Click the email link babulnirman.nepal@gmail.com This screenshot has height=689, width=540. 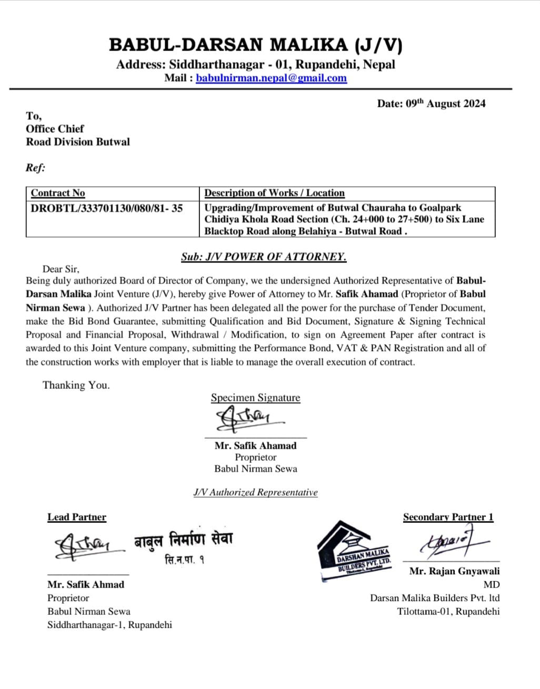click(x=271, y=78)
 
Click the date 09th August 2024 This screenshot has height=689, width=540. click(x=431, y=104)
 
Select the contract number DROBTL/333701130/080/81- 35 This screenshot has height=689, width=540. click(x=106, y=208)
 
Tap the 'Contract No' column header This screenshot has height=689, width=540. click(x=58, y=193)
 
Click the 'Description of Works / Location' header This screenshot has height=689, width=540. click(x=274, y=193)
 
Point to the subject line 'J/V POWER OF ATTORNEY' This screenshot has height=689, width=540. click(x=264, y=257)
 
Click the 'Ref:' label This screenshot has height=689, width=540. click(x=35, y=168)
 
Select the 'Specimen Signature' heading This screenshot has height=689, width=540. click(x=255, y=398)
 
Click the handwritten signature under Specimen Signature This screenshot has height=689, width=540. click(x=247, y=419)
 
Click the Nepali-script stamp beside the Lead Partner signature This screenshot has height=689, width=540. click(x=183, y=547)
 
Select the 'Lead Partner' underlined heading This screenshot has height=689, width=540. click(x=77, y=517)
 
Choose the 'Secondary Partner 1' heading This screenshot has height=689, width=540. click(x=448, y=517)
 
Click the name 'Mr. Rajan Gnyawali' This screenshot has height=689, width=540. click(x=454, y=571)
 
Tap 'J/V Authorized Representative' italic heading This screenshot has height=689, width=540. click(x=255, y=492)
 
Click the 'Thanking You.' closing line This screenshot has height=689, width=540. click(x=76, y=385)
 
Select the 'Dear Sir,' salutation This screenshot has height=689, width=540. click(x=61, y=269)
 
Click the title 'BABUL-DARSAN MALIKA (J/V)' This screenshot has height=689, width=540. click(x=255, y=45)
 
